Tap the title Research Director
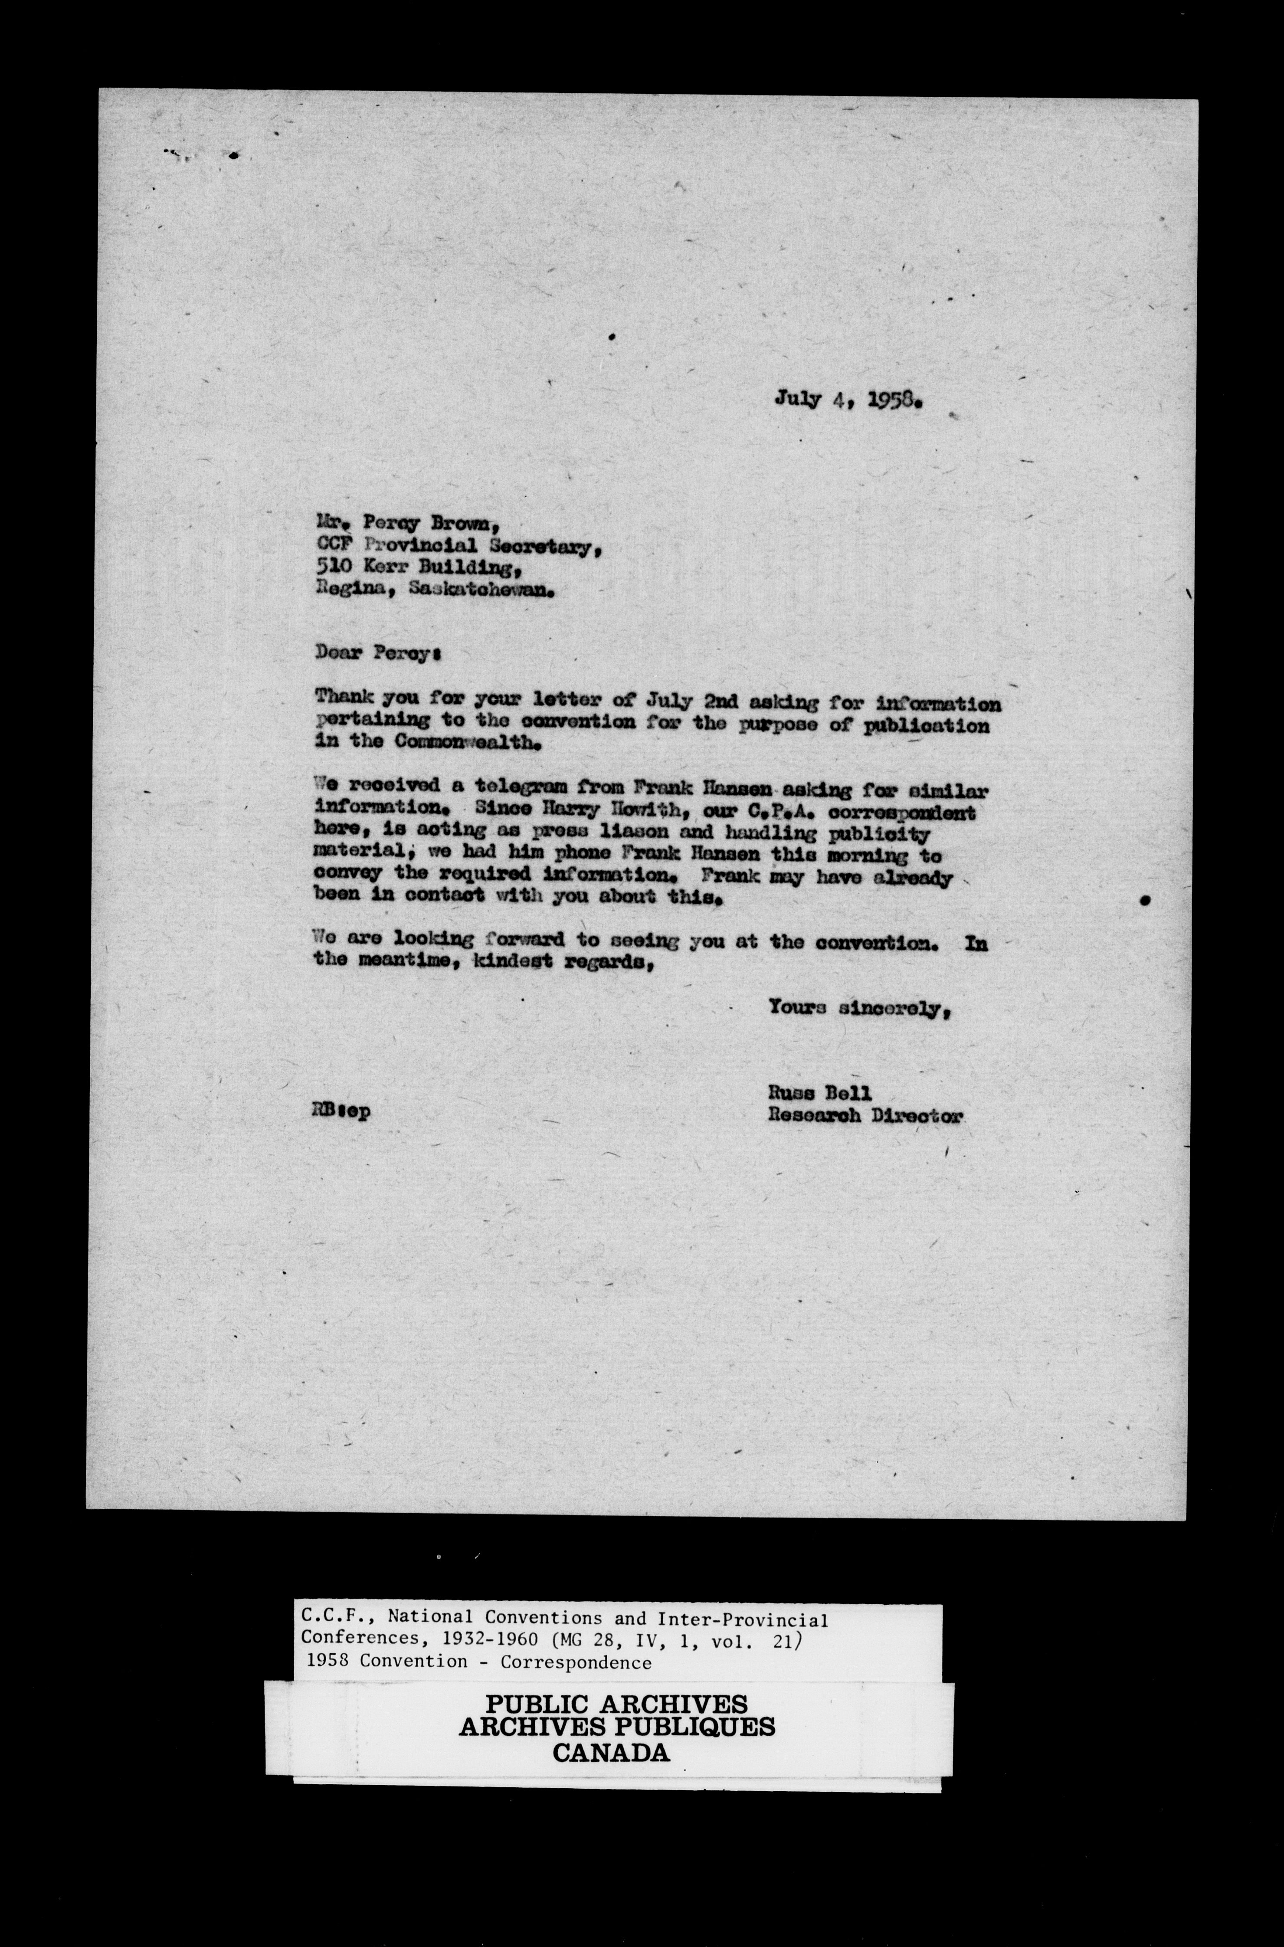[x=865, y=1114]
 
